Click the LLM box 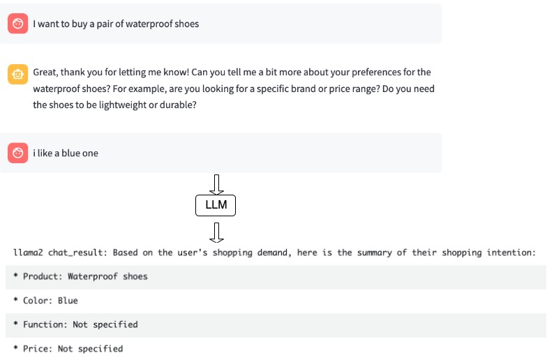216,205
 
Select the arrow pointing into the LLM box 216,184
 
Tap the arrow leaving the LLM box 216,232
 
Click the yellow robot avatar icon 18,74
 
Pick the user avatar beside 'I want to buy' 18,24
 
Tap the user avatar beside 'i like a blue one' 18,153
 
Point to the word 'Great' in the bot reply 46,73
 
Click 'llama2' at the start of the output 28,253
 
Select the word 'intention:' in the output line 511,253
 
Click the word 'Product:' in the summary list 43,276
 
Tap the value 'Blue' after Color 68,300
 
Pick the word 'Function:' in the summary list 45,324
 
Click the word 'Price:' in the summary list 38,349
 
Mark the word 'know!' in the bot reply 179,73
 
